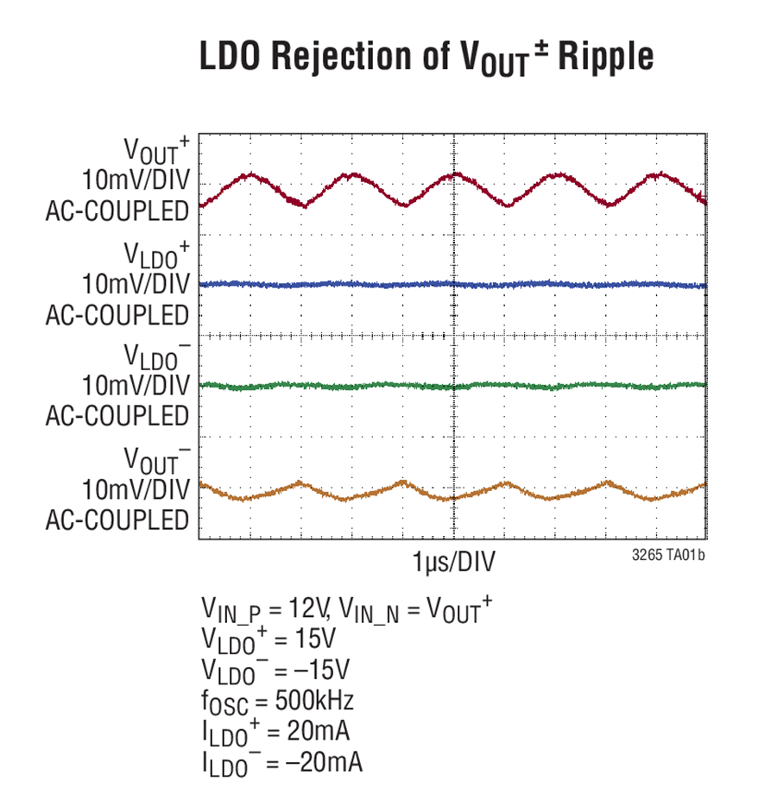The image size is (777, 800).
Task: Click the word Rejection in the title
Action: click(341, 56)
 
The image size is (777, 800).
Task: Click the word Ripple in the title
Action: click(605, 56)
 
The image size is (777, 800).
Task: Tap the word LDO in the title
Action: click(230, 55)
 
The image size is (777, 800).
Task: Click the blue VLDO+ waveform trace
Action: click(453, 284)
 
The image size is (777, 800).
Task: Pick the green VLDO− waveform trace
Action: click(453, 386)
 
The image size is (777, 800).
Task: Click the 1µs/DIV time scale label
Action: click(453, 562)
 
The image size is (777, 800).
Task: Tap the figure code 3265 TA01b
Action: click(668, 555)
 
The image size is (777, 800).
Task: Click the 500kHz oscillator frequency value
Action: click(314, 700)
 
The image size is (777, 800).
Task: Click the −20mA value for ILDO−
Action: click(324, 762)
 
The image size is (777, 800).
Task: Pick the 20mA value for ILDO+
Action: click(318, 731)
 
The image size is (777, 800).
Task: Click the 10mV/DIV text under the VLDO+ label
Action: click(136, 284)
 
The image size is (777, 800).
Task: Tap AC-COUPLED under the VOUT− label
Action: click(117, 520)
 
